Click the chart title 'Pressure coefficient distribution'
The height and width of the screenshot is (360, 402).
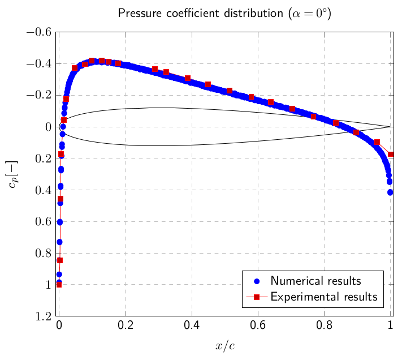(x=224, y=13)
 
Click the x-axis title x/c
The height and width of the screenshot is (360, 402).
(x=224, y=346)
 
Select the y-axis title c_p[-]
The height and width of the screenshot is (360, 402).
(x=13, y=173)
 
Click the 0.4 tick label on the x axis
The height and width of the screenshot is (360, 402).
(x=192, y=326)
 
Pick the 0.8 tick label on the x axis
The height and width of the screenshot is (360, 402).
(x=324, y=326)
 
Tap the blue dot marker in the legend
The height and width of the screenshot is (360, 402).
(x=256, y=281)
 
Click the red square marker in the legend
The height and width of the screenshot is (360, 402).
(x=256, y=297)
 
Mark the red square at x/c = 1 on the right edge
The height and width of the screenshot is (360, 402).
(x=391, y=154)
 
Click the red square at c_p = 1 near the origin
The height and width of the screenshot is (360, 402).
(x=59, y=284)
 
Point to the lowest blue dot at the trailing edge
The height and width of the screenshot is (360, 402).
(x=390, y=192)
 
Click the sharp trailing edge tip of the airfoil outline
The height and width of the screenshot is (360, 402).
(x=390, y=127)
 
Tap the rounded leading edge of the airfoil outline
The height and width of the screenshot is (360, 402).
(x=59, y=127)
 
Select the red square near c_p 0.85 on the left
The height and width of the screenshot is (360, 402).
(x=60, y=260)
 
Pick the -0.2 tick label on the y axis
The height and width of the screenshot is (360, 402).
(x=40, y=95)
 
